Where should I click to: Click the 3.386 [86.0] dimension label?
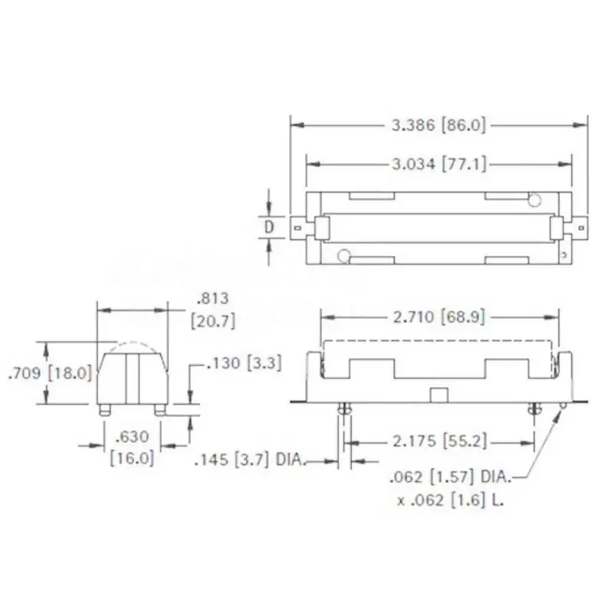[x=438, y=125]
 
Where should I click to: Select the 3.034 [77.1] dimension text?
[x=439, y=164]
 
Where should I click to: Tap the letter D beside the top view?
[x=269, y=227]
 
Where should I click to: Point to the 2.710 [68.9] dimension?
[x=439, y=317]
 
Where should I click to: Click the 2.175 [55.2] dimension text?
[x=439, y=441]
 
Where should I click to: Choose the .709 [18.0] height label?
[x=49, y=373]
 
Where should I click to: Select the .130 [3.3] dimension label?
[x=244, y=363]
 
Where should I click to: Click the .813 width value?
[x=213, y=298]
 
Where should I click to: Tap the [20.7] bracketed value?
[x=213, y=321]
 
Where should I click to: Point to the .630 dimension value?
[x=132, y=436]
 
